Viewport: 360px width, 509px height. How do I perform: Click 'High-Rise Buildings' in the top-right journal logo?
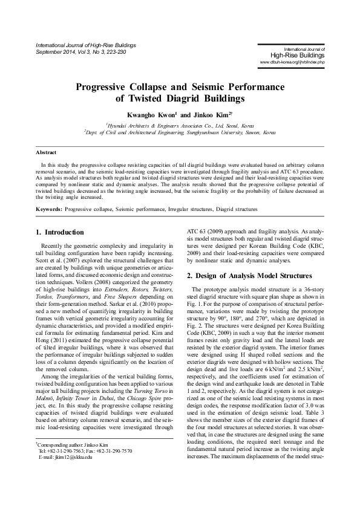[295, 55]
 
